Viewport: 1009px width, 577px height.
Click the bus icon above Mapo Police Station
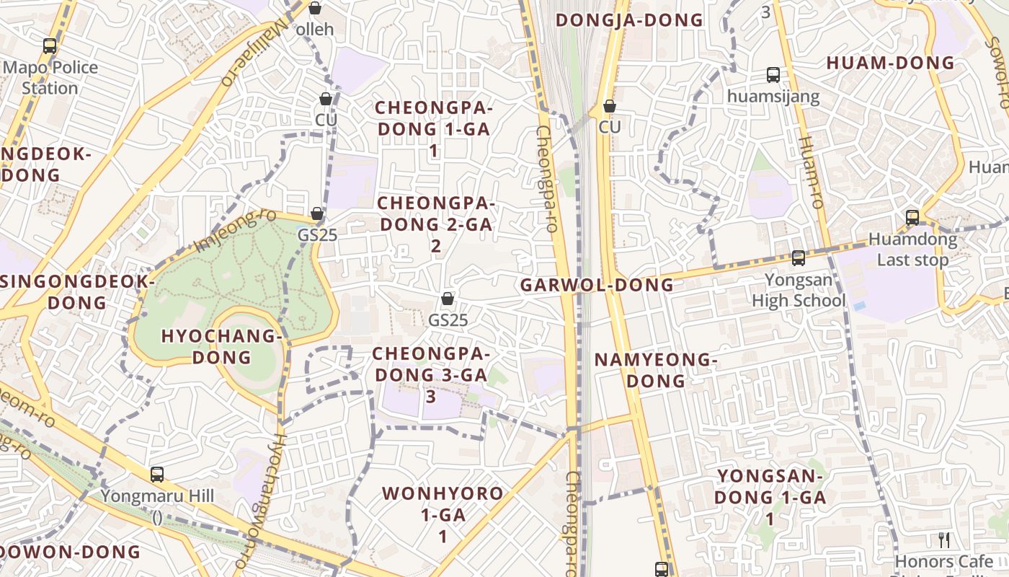[50, 46]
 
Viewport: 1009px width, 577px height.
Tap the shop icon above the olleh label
[315, 8]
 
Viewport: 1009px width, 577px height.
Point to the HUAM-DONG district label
[890, 63]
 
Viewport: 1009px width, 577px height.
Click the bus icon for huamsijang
[773, 75]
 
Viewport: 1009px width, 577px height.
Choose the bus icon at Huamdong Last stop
[912, 217]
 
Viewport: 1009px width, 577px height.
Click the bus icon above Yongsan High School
[798, 257]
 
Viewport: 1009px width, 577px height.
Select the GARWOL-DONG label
[597, 285]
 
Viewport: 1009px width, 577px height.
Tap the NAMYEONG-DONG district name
[655, 369]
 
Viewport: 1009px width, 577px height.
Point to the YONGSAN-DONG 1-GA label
[770, 497]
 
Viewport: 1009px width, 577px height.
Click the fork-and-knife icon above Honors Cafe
[944, 539]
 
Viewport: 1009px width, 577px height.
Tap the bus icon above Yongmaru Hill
[157, 475]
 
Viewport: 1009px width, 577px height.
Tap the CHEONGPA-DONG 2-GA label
[435, 224]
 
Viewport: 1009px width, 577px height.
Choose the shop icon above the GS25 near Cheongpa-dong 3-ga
[448, 299]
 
